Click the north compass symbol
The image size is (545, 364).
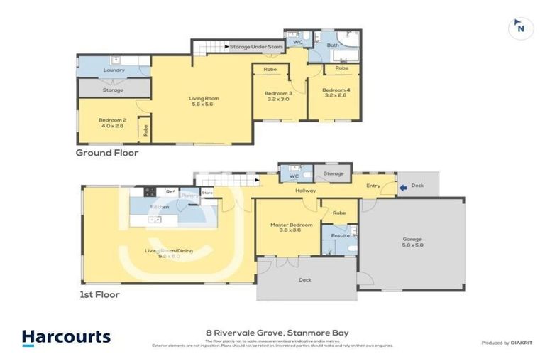pyautogui.click(x=521, y=28)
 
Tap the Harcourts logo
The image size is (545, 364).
pyautogui.click(x=66, y=337)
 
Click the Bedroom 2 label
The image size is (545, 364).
pyautogui.click(x=113, y=120)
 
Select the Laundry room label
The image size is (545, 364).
pyautogui.click(x=114, y=70)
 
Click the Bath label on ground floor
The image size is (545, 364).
pyautogui.click(x=333, y=45)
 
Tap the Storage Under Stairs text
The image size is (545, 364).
pyautogui.click(x=256, y=46)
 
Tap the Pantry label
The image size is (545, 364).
pyautogui.click(x=189, y=193)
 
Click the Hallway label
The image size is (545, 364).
pyautogui.click(x=306, y=191)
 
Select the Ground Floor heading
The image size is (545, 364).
pyautogui.click(x=107, y=152)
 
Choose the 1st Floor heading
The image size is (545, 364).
pyautogui.click(x=100, y=294)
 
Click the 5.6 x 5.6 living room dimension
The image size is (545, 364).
pyautogui.click(x=202, y=105)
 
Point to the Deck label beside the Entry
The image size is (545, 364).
pyautogui.click(x=417, y=186)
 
